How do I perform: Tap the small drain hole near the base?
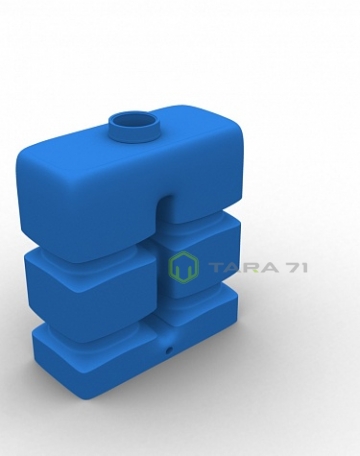tap(169, 350)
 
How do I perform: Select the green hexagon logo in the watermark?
tap(184, 267)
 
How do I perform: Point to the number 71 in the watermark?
tap(296, 267)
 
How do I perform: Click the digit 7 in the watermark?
tap(292, 267)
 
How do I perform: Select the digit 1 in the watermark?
tap(304, 267)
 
